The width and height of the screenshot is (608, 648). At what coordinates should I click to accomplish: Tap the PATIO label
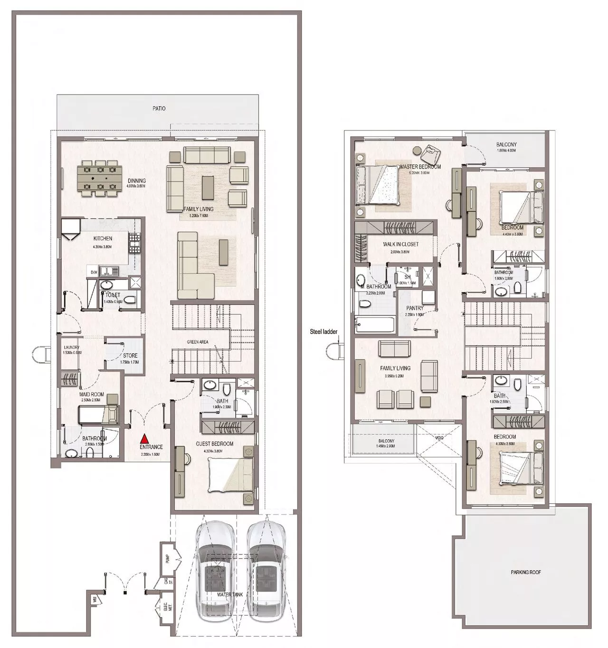point(159,109)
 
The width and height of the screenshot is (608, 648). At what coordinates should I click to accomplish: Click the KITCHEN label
point(103,238)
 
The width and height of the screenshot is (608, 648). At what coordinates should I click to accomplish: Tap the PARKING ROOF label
point(526,572)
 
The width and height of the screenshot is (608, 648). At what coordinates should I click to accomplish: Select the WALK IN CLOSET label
point(401,244)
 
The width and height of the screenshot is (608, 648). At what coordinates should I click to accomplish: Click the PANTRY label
point(415,308)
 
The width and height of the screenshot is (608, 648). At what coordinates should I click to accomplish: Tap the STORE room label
point(130,356)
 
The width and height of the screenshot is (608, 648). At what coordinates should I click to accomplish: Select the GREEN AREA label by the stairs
point(198,342)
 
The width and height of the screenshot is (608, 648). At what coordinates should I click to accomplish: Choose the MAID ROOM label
point(91,394)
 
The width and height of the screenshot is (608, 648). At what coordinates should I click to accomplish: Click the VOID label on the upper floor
point(439,438)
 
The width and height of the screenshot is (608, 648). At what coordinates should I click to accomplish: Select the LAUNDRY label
point(71,347)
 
